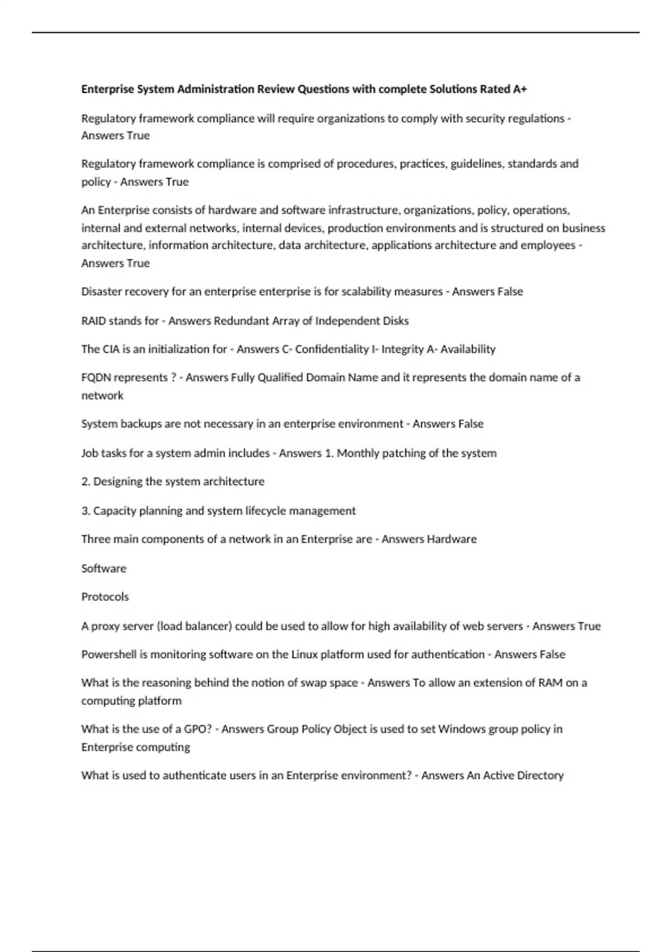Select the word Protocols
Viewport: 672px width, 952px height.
pos(105,597)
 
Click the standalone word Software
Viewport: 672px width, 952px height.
pos(104,568)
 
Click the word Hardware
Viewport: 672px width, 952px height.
pos(452,539)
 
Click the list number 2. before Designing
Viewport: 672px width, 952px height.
pos(86,482)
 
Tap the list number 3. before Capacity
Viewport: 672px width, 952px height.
pos(86,511)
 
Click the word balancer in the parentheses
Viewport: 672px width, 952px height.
pos(208,626)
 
